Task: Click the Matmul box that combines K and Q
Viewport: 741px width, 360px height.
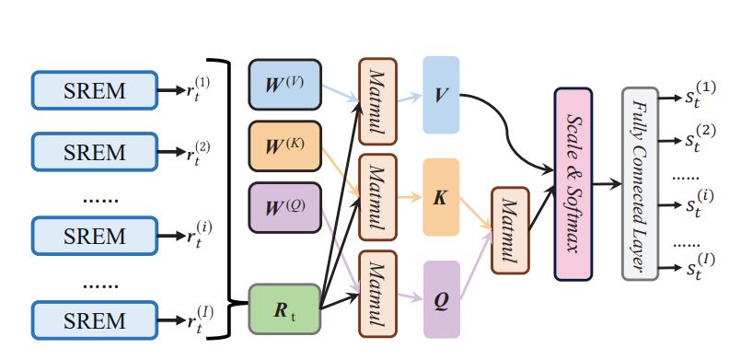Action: point(508,230)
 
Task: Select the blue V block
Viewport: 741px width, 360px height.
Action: point(441,95)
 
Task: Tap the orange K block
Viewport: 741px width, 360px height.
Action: point(441,199)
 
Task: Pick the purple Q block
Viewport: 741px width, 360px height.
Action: point(441,298)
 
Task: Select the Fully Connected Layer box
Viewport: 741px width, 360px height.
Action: point(640,184)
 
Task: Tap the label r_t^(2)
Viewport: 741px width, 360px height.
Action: point(197,153)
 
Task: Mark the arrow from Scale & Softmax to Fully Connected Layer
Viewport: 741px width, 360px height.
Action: point(608,184)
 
